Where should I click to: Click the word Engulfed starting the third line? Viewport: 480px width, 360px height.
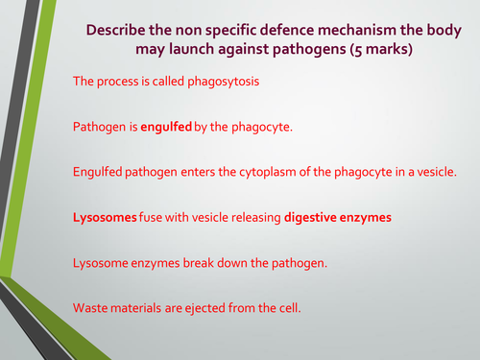100,172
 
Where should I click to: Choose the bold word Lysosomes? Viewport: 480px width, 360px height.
106,217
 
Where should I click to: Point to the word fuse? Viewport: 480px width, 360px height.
156,217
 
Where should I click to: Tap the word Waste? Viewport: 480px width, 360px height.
92,306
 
